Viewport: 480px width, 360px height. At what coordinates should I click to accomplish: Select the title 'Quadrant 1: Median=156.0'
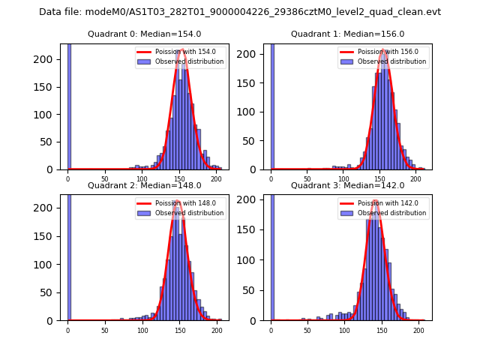pyautogui.click(x=347, y=34)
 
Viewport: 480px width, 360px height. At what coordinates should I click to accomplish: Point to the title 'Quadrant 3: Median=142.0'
pyautogui.click(x=347, y=185)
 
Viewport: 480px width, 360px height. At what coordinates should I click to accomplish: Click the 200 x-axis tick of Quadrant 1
pyautogui.click(x=415, y=178)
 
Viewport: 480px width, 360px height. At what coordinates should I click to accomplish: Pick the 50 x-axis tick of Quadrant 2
pyautogui.click(x=105, y=330)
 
